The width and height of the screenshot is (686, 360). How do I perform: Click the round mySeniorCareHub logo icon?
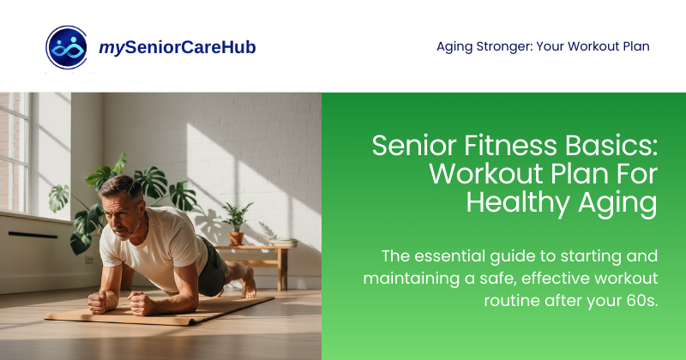pos(67,46)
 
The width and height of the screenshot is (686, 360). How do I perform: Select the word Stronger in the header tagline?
pos(506,46)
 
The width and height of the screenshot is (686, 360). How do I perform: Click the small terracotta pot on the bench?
pos(236,238)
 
